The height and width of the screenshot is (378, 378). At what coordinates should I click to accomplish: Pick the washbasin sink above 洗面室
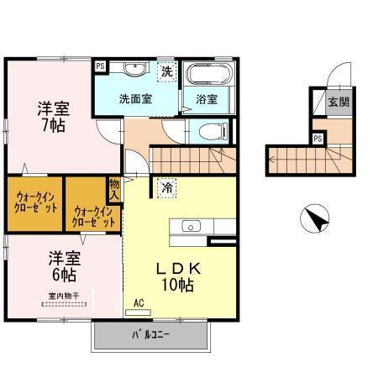[x=134, y=70]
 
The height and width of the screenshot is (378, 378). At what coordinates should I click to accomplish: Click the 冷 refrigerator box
[x=167, y=187]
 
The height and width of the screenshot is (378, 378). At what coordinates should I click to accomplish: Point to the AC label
[x=139, y=302]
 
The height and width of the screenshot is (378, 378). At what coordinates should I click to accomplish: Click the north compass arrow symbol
[x=316, y=220]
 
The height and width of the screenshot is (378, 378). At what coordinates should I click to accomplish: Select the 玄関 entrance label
[x=339, y=103]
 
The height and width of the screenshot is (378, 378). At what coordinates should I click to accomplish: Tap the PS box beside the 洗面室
[x=100, y=66]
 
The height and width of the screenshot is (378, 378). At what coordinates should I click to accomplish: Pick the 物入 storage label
[x=114, y=189]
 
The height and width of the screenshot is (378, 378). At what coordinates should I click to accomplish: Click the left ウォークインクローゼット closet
[x=36, y=202]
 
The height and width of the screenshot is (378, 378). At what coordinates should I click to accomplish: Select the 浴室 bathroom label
[x=207, y=98]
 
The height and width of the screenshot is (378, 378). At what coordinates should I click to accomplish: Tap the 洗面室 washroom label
[x=135, y=98]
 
